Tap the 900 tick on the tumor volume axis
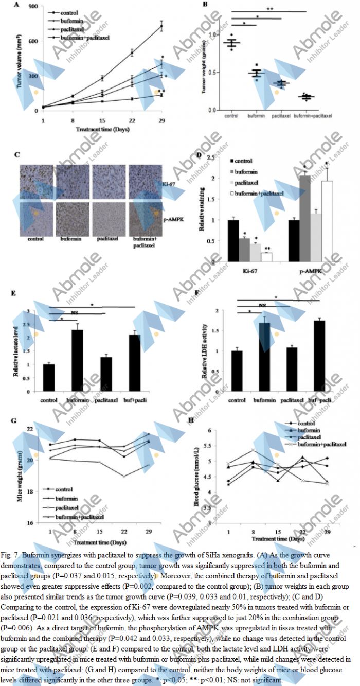[x=32, y=7]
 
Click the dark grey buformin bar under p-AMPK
[x=305, y=218]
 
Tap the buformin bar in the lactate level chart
[x=77, y=361]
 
